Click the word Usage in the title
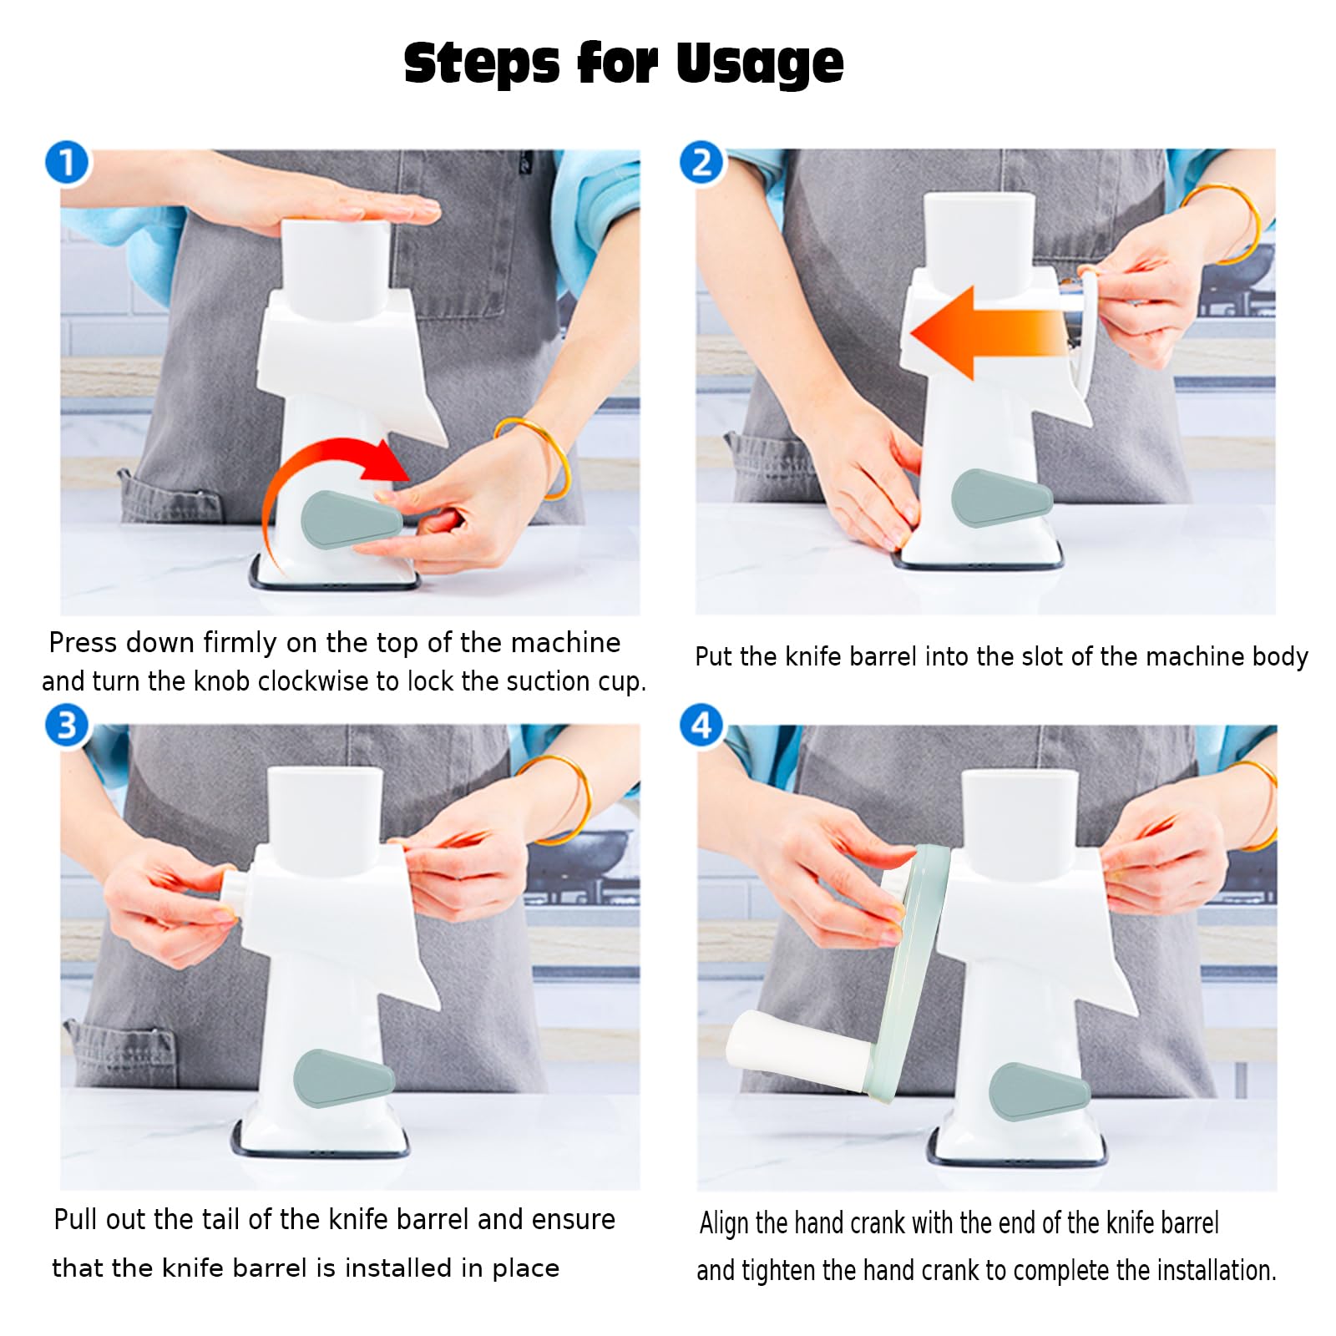pyautogui.click(x=759, y=63)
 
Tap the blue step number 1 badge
pyautogui.click(x=67, y=162)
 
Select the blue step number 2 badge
pyautogui.click(x=701, y=162)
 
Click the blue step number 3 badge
pyautogui.click(x=67, y=725)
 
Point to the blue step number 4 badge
pyautogui.click(x=701, y=725)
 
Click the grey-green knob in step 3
pyautogui.click(x=342, y=1078)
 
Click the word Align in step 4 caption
pyautogui.click(x=725, y=1223)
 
